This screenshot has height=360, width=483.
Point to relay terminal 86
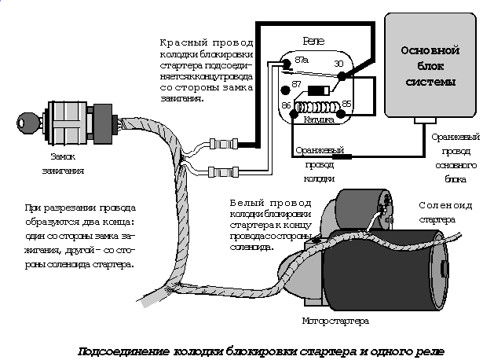pyautogui.click(x=287, y=104)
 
